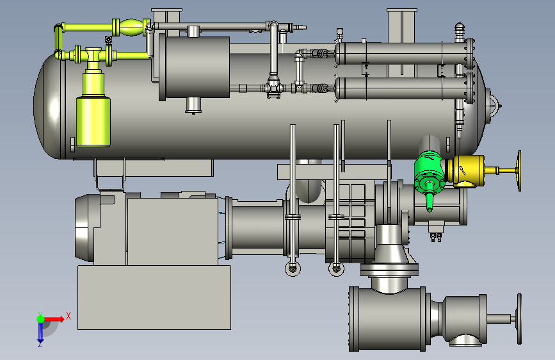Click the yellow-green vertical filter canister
(x=93, y=113)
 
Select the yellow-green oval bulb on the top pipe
(x=131, y=28)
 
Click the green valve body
(x=430, y=172)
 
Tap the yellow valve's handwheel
(x=519, y=171)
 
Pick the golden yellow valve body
(x=465, y=171)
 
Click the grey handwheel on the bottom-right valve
(x=519, y=319)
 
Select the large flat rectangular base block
(x=154, y=298)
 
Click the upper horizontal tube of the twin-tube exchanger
(x=400, y=54)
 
